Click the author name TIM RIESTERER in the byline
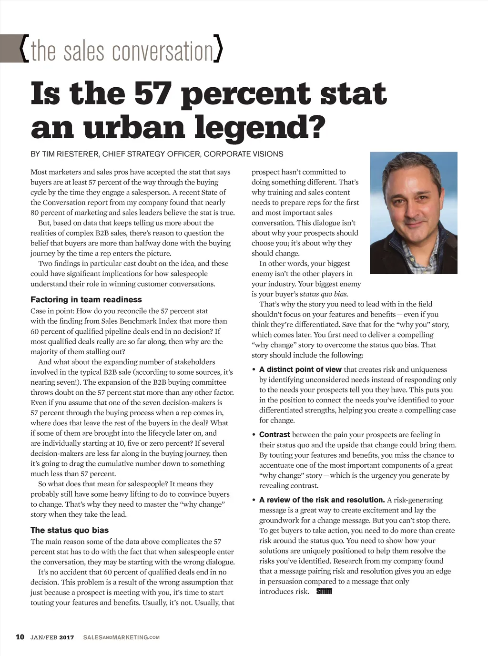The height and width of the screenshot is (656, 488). pyautogui.click(x=70, y=154)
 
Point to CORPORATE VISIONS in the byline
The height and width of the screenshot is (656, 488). pyautogui.click(x=244, y=154)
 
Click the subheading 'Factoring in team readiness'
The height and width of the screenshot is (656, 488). pyautogui.click(x=86, y=299)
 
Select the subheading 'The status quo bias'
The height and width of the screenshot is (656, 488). pyautogui.click(x=70, y=530)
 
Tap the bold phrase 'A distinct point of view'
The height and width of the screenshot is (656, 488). pyautogui.click(x=300, y=369)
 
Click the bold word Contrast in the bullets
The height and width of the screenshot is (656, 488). pyautogui.click(x=274, y=434)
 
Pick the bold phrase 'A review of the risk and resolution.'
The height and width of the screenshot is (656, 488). pyautogui.click(x=322, y=500)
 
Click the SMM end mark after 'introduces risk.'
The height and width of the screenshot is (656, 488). pyautogui.click(x=324, y=592)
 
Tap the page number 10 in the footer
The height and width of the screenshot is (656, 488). pyautogui.click(x=20, y=637)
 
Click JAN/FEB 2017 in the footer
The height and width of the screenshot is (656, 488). pyautogui.click(x=52, y=637)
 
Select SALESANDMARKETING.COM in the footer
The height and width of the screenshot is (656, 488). pyautogui.click(x=121, y=637)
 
